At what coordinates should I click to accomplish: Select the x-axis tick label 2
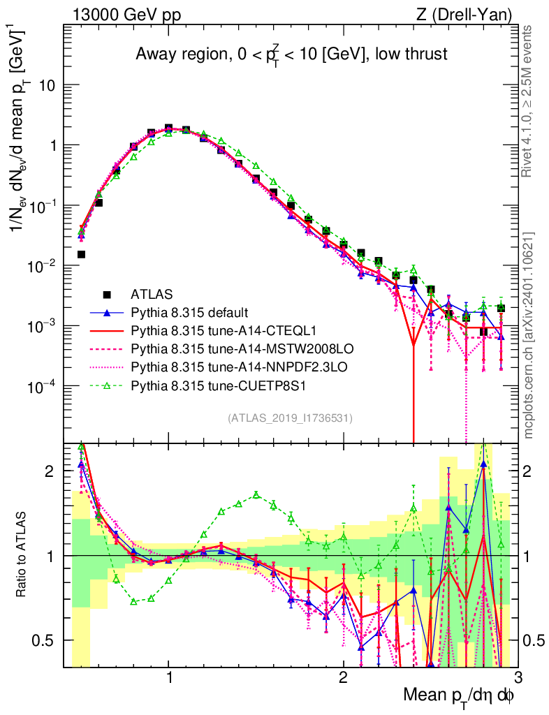coord(343,678)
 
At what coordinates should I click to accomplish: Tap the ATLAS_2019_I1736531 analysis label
coord(290,418)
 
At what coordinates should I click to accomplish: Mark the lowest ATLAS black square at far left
coord(81,254)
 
